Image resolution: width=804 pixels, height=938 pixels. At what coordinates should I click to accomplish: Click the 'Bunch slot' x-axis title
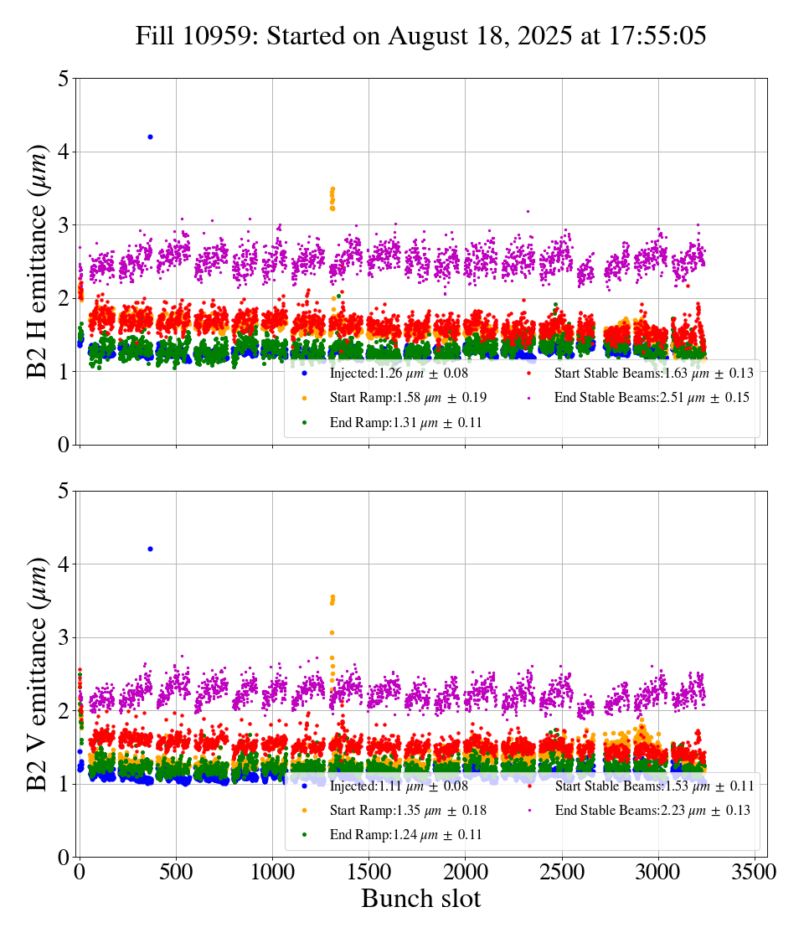[x=421, y=899]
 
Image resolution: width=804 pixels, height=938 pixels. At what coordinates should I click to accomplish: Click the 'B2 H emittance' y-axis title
[x=39, y=261]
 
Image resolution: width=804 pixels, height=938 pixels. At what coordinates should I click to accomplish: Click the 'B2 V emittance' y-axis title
[x=39, y=673]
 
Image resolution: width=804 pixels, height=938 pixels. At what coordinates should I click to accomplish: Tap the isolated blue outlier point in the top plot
[x=150, y=137]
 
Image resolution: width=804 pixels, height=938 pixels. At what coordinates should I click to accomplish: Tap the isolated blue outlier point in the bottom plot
[x=150, y=549]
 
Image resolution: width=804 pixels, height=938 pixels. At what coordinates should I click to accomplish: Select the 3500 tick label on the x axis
[x=755, y=872]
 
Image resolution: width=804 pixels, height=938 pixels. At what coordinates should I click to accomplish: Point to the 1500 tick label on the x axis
[x=368, y=872]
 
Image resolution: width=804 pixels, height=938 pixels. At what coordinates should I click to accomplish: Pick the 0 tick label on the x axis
[x=80, y=872]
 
